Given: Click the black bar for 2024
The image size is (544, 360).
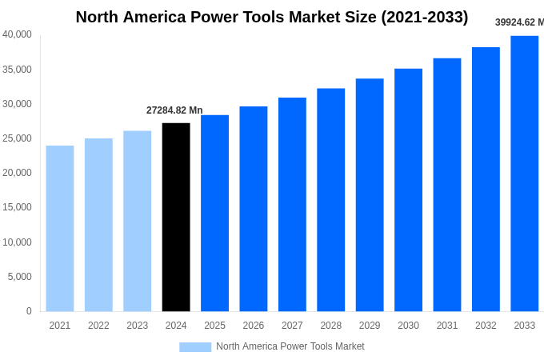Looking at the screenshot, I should pos(176,217).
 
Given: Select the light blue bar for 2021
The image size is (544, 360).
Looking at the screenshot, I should pos(60,228).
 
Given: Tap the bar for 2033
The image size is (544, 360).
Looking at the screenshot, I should pos(524,174).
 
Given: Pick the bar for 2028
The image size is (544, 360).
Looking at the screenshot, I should pos(330,200).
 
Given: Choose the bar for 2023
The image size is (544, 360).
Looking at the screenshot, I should pos(138,221).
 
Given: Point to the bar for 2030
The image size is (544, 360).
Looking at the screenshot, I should pos(408,190).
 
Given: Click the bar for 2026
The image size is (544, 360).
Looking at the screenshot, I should pos(254,209).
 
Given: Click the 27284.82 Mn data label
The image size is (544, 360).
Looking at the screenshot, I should pos(174,110).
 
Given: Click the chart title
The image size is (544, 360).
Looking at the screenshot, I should pos(272,17).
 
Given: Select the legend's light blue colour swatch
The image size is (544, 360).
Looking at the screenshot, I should pos(195,347).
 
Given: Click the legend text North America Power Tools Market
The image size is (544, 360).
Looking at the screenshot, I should pos(290,346).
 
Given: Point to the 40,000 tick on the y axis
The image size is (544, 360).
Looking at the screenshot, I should pos(17,34).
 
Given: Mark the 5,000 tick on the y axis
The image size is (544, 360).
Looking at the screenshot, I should pos(19,277).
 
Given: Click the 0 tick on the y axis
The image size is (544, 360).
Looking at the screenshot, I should pos(29,311).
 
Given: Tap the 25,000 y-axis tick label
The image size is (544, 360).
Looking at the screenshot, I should pos(17,138).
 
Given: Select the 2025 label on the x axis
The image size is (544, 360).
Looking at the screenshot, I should pos(214,326).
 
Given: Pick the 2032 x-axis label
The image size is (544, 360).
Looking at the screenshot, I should pos(486,326).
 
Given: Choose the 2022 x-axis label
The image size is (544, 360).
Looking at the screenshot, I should pos(98,326).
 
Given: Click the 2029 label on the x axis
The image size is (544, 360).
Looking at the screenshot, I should pos(370,326).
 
